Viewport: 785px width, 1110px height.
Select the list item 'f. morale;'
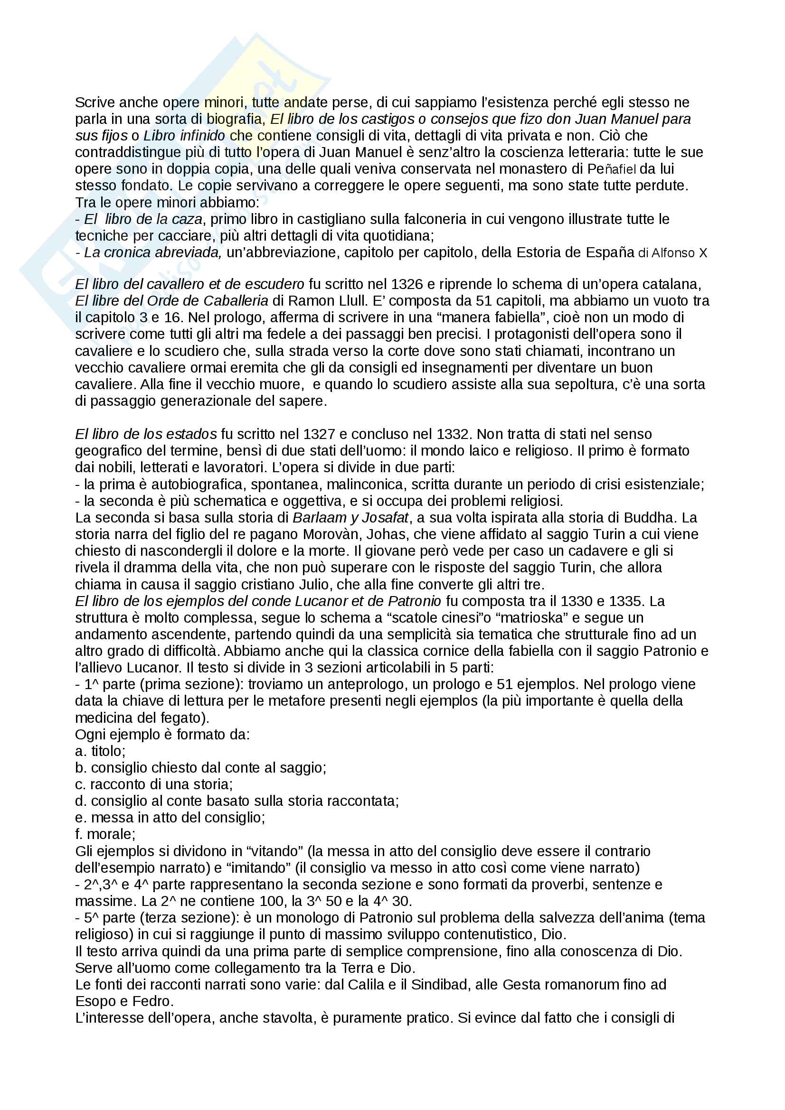(x=105, y=834)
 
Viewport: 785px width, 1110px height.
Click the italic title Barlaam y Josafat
(x=350, y=518)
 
